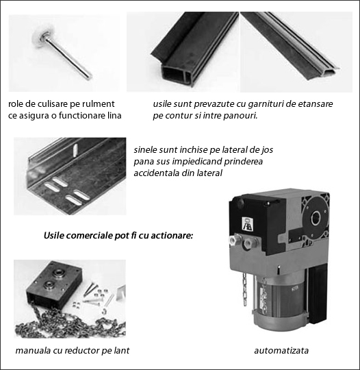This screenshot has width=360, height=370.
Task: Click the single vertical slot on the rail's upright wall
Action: (75, 151)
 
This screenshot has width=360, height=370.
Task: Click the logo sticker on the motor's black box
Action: (247, 223)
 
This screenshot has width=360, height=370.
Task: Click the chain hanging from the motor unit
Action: (245, 290)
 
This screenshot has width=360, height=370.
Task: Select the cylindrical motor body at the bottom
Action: (280, 302)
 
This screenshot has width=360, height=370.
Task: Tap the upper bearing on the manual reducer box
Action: (57, 273)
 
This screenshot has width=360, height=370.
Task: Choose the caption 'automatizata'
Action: (281, 351)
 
